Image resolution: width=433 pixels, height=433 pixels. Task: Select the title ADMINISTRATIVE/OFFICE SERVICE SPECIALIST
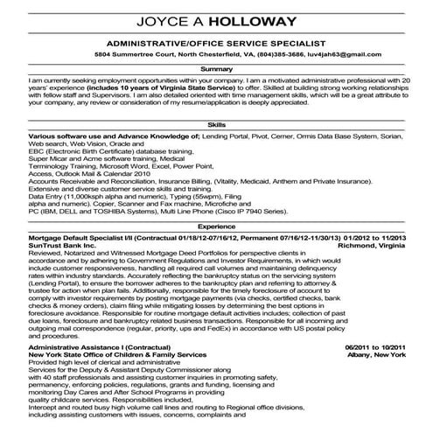pos(216,43)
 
